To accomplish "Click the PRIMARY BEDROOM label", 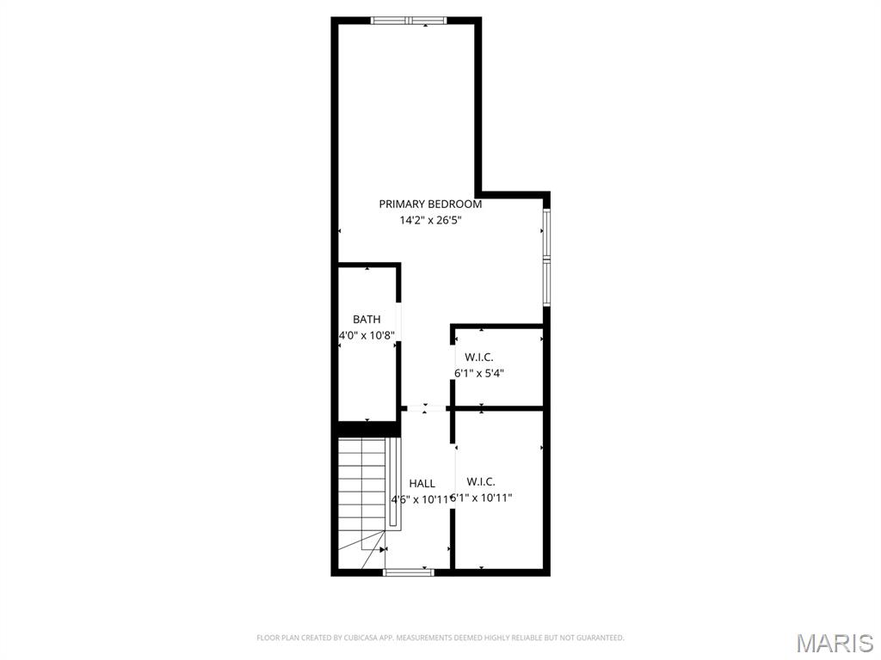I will pyautogui.click(x=430, y=204).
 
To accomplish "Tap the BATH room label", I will pyautogui.click(x=367, y=320).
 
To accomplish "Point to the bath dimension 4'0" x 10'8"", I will pyautogui.click(x=367, y=335).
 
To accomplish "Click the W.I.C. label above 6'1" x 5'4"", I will pyautogui.click(x=479, y=357).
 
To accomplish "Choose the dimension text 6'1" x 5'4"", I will pyautogui.click(x=479, y=373).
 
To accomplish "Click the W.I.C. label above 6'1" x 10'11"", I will pyautogui.click(x=481, y=481).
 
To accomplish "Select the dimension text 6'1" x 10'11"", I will pyautogui.click(x=482, y=498).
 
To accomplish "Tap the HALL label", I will pyautogui.click(x=422, y=484).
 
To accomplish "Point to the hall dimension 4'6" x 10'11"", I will pyautogui.click(x=420, y=499).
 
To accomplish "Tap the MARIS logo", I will pyautogui.click(x=835, y=642).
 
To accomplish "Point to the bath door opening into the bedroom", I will pyautogui.click(x=397, y=321).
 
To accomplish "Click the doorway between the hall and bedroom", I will pyautogui.click(x=425, y=408).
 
